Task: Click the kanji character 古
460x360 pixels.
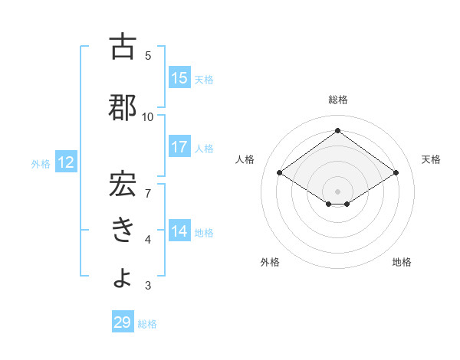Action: pyautogui.click(x=123, y=47)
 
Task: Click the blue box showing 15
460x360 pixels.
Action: pyautogui.click(x=179, y=78)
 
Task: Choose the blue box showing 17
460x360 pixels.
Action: pyautogui.click(x=179, y=147)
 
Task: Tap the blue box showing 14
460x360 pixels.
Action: pyautogui.click(x=179, y=231)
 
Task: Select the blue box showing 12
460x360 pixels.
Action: pyautogui.click(x=66, y=162)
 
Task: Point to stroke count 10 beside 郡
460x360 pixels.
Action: pyautogui.click(x=148, y=116)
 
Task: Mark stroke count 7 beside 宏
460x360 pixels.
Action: pyautogui.click(x=148, y=185)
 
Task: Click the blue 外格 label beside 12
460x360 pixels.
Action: pyautogui.click(x=40, y=163)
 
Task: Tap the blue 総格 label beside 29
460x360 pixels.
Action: pyautogui.click(x=148, y=324)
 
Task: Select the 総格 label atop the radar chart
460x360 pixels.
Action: pyautogui.click(x=337, y=100)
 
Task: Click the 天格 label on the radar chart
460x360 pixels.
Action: pyautogui.click(x=431, y=159)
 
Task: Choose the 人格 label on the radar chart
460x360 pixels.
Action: pyautogui.click(x=245, y=159)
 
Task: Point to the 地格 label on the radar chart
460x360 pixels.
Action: pyautogui.click(x=402, y=262)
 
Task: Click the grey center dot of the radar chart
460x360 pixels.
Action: pyautogui.click(x=337, y=191)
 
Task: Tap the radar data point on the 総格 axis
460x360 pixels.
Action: pyautogui.click(x=337, y=131)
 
